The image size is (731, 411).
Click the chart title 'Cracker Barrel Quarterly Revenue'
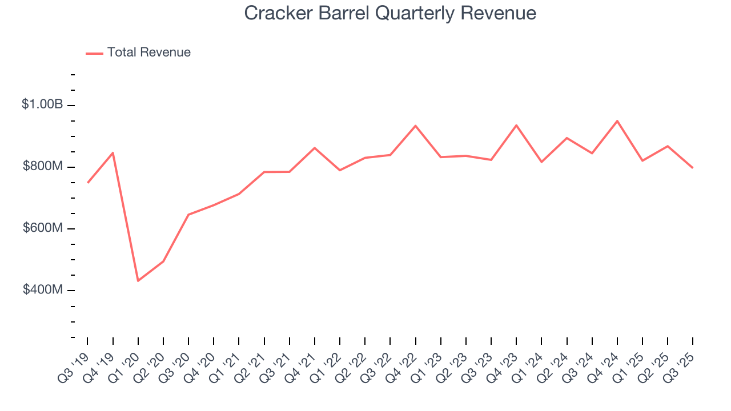(390, 13)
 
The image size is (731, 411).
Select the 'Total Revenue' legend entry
(148, 53)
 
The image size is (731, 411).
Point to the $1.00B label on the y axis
(42, 104)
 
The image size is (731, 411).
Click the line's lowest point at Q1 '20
(138, 281)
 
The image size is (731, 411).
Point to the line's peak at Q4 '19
(113, 152)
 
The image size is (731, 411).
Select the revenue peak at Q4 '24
(617, 121)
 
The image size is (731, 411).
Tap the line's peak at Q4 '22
(415, 126)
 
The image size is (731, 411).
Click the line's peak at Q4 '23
(516, 125)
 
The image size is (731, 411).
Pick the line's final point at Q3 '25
(693, 168)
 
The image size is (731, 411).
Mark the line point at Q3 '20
(188, 215)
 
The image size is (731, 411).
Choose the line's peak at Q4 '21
(315, 148)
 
